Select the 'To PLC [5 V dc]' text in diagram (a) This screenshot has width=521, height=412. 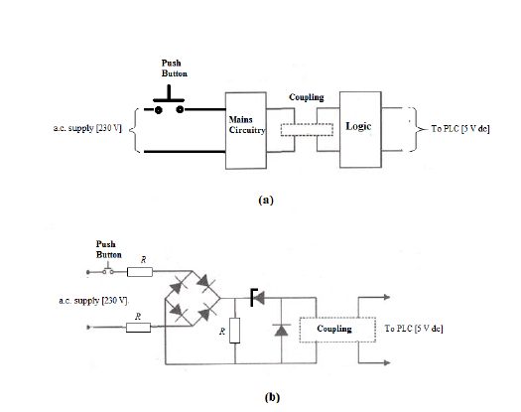(x=460, y=130)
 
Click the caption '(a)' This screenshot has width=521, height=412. (x=264, y=200)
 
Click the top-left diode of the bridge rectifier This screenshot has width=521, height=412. (x=180, y=283)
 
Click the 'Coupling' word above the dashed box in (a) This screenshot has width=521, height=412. (x=307, y=97)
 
